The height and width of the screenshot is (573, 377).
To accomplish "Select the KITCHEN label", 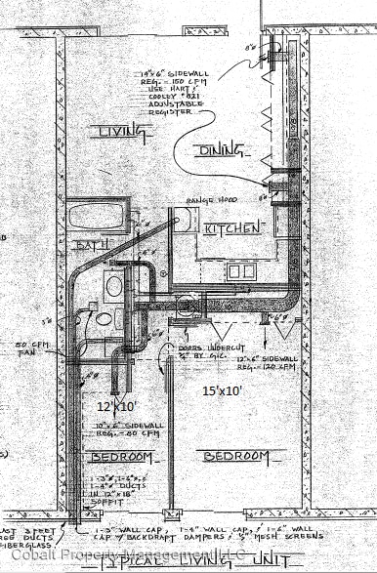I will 232,227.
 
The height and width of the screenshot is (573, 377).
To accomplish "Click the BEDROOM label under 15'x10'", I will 236,456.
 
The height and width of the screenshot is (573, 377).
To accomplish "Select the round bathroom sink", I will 114,287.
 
